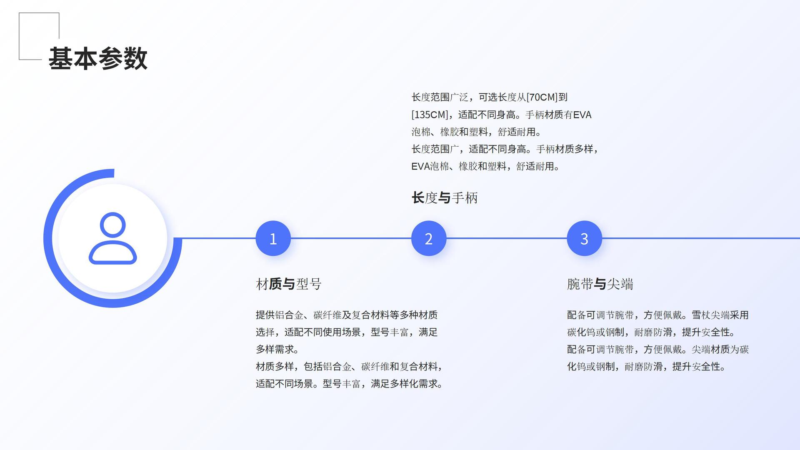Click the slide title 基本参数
[98, 58]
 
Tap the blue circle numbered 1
[273, 238]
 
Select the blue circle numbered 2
[428, 238]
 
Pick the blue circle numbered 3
[584, 238]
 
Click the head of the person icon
[112, 224]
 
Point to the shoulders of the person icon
[112, 252]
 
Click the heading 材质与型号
[288, 284]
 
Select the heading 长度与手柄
[444, 198]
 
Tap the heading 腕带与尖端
[600, 284]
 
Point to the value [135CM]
[430, 115]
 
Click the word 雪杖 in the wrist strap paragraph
[701, 315]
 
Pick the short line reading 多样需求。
[277, 349]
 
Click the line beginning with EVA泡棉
[485, 166]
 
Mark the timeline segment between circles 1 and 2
[351, 238]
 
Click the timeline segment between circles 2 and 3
[506, 238]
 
